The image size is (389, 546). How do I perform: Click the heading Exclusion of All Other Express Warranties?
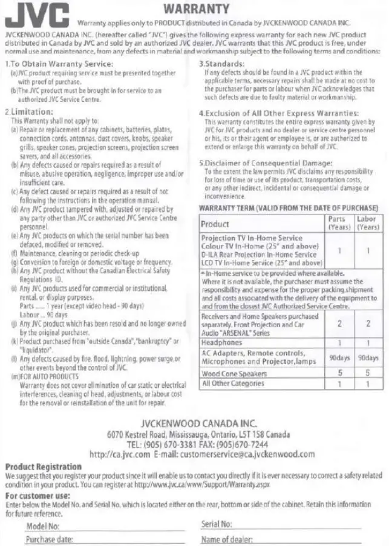[x=279, y=113]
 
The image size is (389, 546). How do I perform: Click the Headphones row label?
[x=222, y=342]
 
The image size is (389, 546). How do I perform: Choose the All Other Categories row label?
[x=233, y=384]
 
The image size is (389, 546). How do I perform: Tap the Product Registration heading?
[x=44, y=466]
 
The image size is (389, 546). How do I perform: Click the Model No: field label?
[x=42, y=525]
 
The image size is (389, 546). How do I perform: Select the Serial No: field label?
[x=217, y=524]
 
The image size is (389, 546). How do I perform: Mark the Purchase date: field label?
[x=50, y=539]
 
